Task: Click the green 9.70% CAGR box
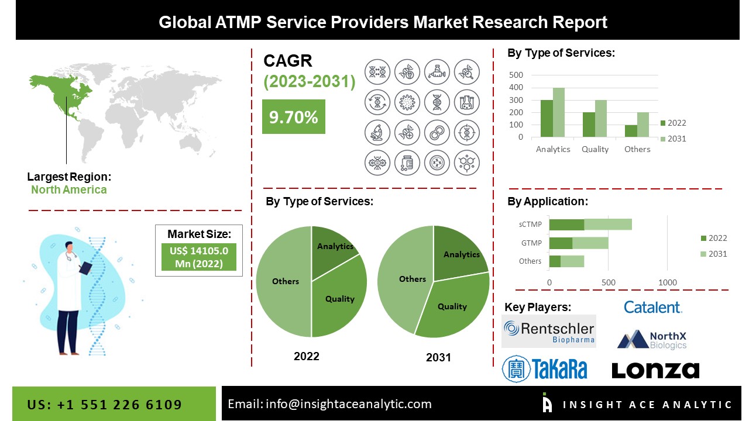point(293,117)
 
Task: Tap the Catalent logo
point(652,307)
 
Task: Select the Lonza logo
point(655,370)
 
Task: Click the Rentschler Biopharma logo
point(549,332)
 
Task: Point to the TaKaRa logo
point(545,369)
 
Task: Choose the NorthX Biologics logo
point(652,340)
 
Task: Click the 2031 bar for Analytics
point(559,112)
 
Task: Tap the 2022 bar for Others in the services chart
point(631,131)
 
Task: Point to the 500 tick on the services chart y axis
point(516,75)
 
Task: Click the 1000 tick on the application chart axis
point(668,282)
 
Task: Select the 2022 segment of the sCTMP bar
point(566,225)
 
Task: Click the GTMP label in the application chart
point(531,243)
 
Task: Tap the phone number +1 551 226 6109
point(105,405)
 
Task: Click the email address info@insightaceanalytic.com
point(329,403)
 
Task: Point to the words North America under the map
point(69,189)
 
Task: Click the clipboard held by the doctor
point(86,267)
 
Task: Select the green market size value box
point(199,257)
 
